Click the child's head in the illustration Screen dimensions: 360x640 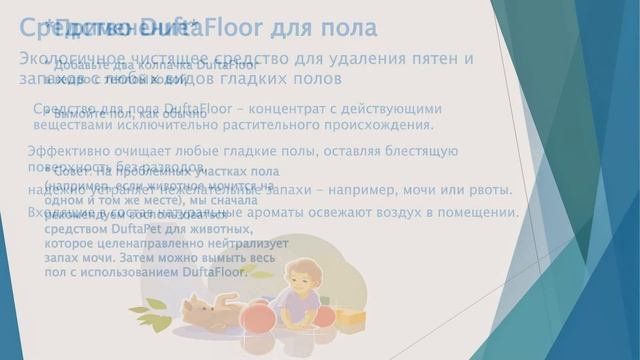click(300, 279)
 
